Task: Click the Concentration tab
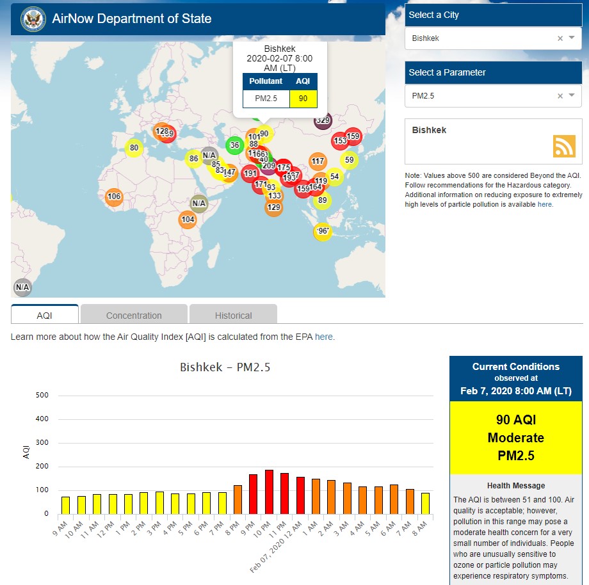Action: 134,315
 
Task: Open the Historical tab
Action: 233,315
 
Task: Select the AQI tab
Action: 45,315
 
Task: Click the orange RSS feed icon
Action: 564,146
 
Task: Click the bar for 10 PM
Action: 269,492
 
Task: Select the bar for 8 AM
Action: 425,503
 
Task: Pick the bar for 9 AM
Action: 65,505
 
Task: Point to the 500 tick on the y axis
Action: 42,396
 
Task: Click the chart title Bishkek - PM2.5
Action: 225,367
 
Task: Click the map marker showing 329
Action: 323,120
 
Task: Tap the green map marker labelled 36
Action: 235,145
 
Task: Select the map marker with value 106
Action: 114,196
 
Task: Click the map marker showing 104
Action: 188,220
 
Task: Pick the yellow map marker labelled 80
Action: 134,148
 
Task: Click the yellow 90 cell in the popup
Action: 303,99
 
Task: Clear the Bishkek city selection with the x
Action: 560,38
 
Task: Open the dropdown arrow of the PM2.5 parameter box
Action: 572,95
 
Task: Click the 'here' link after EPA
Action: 323,337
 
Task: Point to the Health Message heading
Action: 516,486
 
